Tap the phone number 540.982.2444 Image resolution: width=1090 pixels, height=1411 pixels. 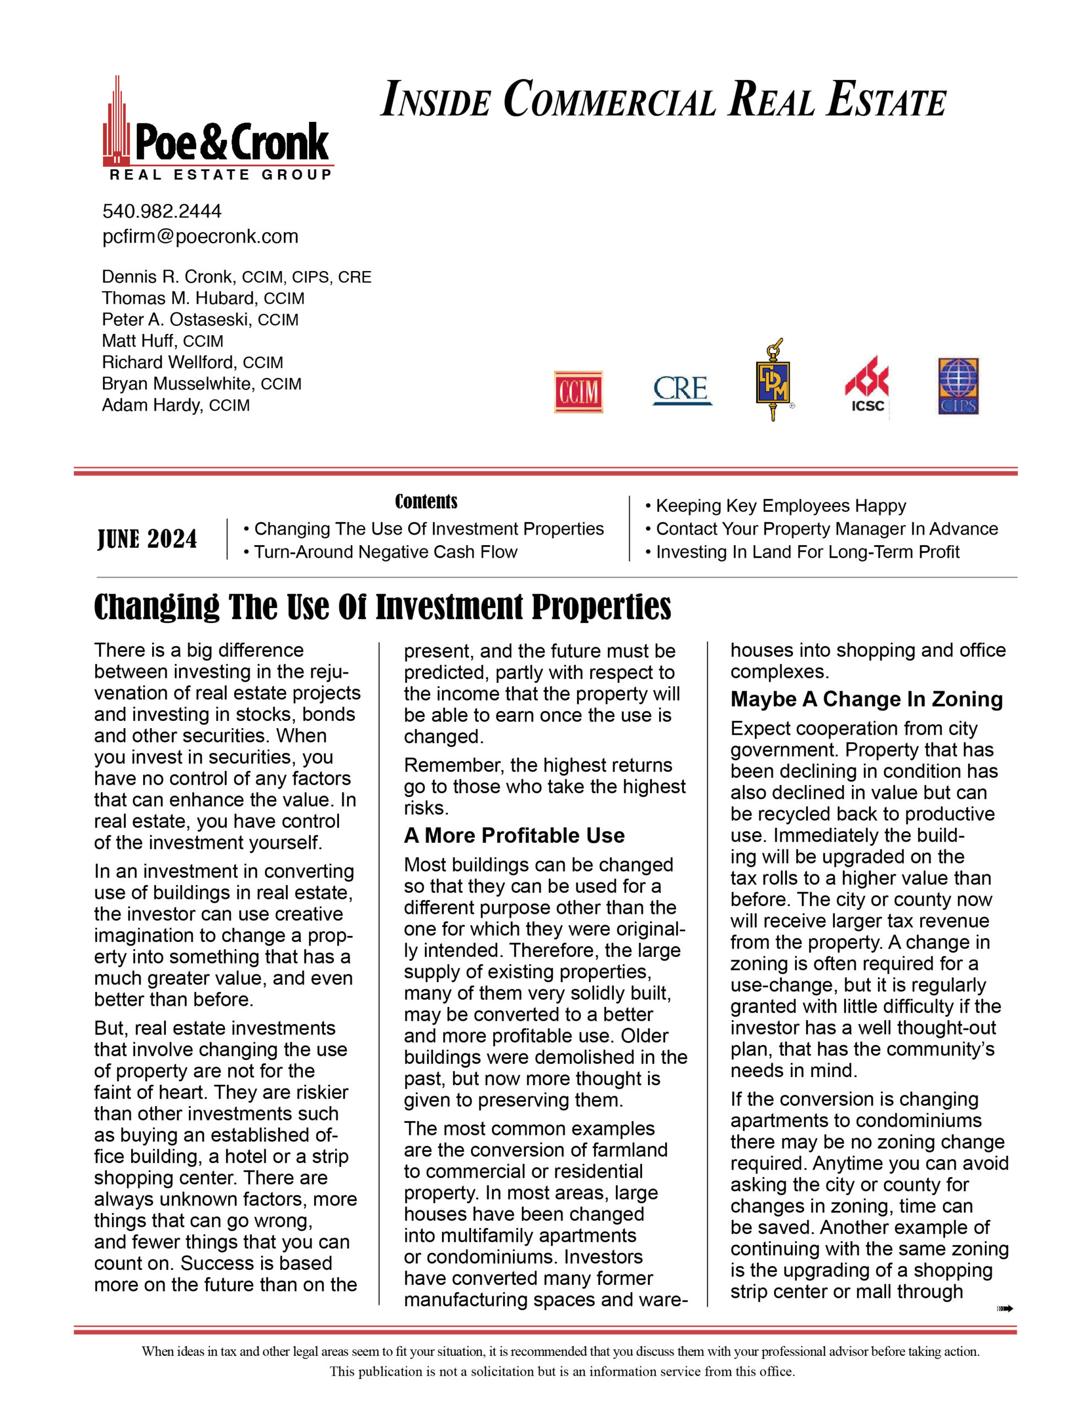161,211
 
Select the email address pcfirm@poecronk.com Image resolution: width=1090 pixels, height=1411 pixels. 200,236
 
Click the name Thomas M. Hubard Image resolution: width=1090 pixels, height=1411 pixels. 179,299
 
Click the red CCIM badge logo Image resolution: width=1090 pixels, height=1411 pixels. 578,391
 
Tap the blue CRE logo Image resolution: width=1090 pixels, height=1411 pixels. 682,390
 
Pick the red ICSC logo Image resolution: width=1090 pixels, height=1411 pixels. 867,384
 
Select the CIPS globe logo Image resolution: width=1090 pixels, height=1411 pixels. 958,386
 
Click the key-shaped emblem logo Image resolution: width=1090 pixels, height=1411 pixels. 773,381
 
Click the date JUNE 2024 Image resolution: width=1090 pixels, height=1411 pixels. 147,540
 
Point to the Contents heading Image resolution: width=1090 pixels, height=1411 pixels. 426,502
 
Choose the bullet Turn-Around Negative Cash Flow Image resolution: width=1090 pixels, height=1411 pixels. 385,552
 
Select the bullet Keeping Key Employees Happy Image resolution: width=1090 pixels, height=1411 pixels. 780,506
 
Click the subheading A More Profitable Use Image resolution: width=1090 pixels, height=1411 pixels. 514,836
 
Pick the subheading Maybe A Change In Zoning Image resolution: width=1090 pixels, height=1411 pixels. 866,699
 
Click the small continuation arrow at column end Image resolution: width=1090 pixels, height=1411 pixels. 1005,1309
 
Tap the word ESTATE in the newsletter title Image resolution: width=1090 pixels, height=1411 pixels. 887,100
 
